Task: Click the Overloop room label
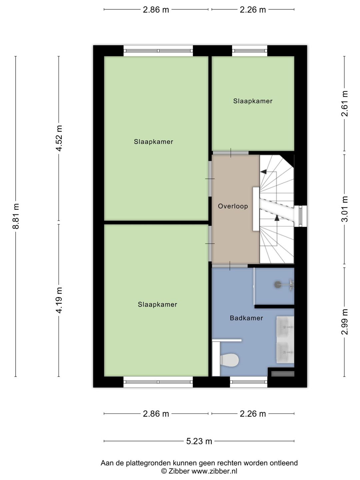coord(233,206)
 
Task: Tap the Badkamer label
coord(246,318)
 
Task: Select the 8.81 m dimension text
coord(16,216)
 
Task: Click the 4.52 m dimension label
coord(59,138)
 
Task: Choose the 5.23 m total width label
coord(199,441)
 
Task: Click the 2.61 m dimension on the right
coord(344,103)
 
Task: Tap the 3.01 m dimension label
coord(344,209)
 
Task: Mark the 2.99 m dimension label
coord(344,322)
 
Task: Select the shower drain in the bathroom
coord(278,285)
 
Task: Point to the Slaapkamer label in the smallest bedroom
coord(253,101)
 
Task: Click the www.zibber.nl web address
coord(214,471)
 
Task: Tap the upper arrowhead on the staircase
coord(264,172)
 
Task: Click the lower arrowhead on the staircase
coord(277,218)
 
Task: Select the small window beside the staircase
coord(301,216)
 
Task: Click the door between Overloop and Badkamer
coord(230,266)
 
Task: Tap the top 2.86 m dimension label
coord(156,10)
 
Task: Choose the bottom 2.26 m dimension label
coord(253,414)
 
